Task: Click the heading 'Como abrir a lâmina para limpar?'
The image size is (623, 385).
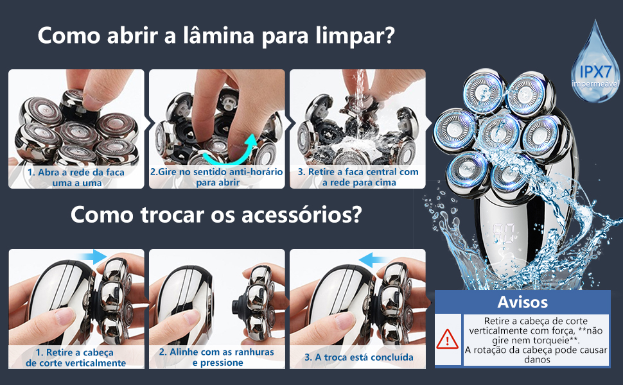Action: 215,35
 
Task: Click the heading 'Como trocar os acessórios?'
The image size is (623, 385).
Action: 215,214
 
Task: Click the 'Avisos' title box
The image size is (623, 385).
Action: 522,302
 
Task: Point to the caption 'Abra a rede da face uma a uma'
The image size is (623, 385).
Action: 76,177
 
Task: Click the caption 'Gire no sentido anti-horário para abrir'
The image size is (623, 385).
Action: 216,177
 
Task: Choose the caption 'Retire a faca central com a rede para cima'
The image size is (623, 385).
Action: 358,177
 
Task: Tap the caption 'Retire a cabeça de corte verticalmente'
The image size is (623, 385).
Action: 76,357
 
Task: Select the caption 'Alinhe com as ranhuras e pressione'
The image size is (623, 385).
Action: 216,357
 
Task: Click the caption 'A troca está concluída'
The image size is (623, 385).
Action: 358,357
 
